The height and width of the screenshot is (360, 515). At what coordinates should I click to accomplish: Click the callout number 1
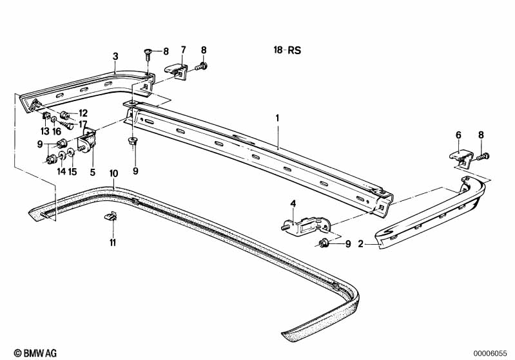(278, 118)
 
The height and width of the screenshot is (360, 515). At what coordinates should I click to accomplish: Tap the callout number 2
(361, 244)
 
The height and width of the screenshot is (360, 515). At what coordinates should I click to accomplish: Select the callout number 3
(115, 57)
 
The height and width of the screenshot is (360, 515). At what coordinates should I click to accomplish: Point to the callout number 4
(293, 204)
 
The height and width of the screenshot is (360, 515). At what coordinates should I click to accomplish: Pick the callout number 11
(113, 243)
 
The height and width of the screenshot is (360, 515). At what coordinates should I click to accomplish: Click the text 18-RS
(287, 50)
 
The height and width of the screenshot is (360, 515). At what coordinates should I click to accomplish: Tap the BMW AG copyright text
(35, 353)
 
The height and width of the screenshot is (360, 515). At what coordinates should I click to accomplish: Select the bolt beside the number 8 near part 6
(483, 156)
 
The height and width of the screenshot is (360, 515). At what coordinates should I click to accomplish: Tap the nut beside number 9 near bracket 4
(322, 243)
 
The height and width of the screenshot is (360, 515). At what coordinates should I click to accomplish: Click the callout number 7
(183, 50)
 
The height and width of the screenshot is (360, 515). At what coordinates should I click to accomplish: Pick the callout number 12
(83, 113)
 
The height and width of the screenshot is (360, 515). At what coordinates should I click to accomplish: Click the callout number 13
(45, 131)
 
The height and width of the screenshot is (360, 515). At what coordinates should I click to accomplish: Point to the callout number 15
(73, 171)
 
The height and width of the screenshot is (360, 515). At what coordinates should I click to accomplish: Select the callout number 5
(93, 172)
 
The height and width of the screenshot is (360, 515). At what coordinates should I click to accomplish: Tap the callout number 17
(83, 124)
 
